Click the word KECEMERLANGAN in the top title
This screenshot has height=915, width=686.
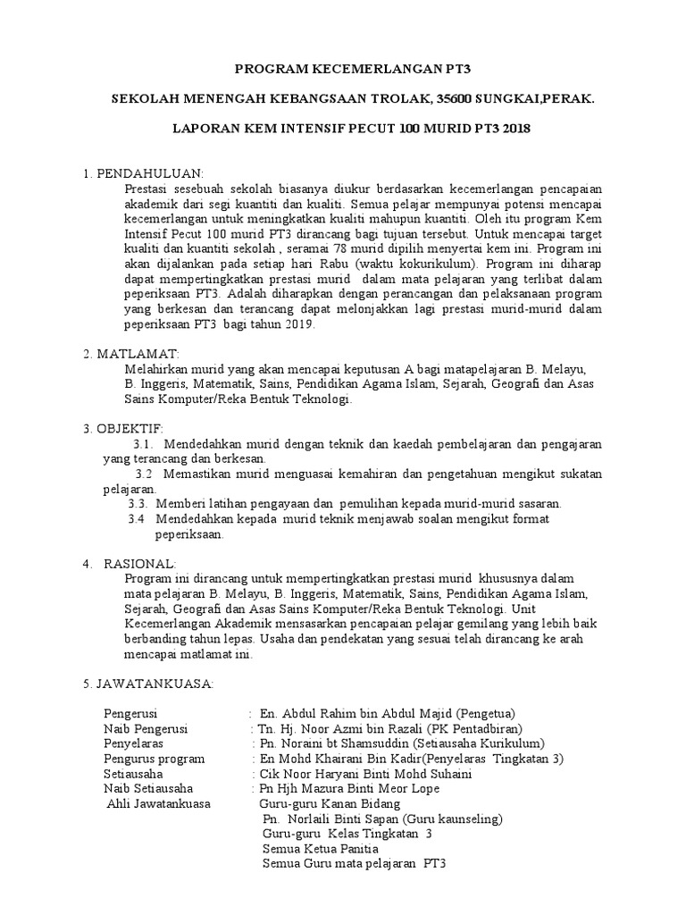[356, 68]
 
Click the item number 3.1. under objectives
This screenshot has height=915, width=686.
[146, 444]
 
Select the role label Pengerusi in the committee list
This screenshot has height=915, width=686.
[130, 714]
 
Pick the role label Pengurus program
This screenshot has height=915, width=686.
[155, 759]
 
